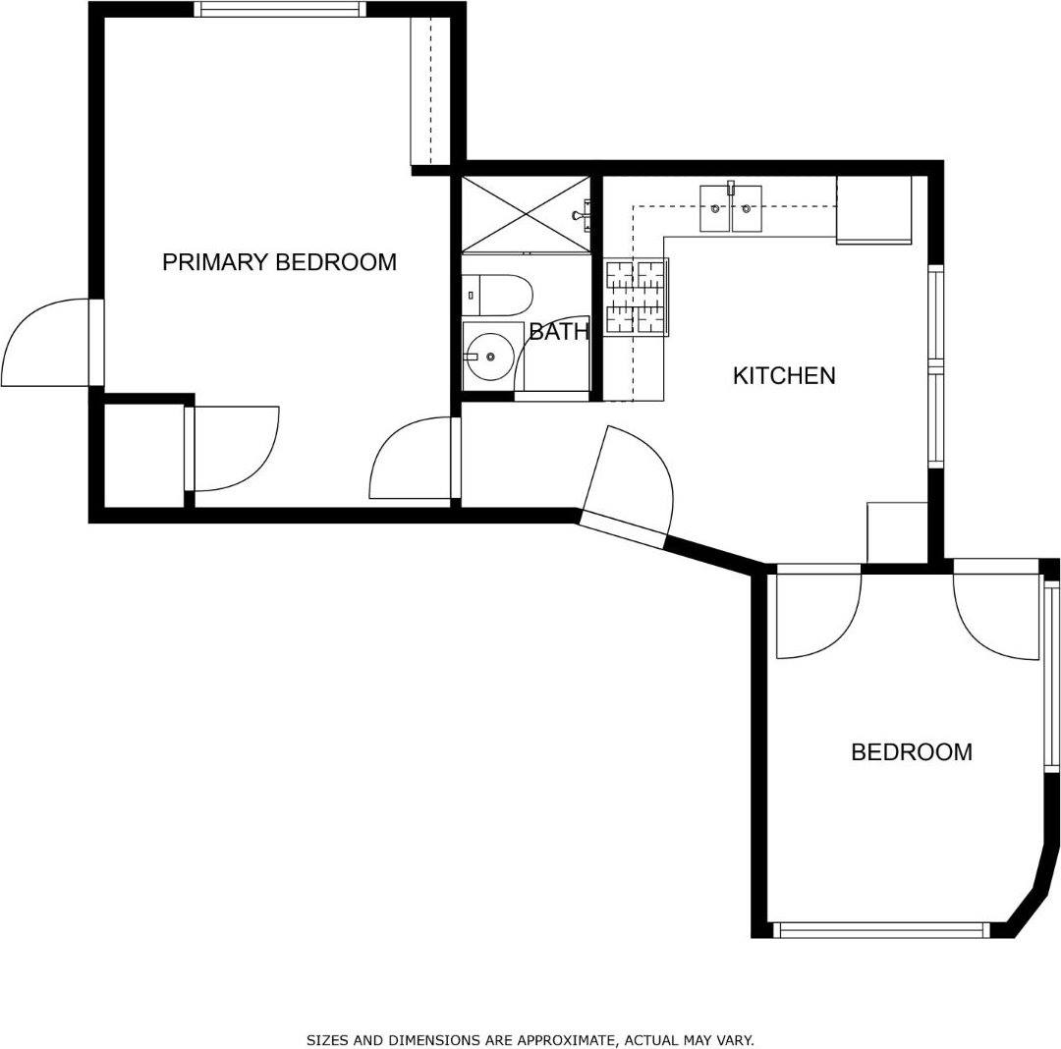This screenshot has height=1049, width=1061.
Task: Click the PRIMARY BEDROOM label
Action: [279, 262]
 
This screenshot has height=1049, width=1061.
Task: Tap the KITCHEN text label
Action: [784, 375]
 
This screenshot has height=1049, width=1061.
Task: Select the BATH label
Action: [558, 332]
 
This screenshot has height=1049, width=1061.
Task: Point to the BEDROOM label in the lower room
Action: [911, 752]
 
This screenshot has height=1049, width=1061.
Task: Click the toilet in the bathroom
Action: [499, 295]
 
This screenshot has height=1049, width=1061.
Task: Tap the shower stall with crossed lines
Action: [526, 213]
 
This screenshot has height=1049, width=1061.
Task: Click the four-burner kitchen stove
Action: [636, 297]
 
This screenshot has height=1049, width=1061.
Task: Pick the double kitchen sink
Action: [730, 208]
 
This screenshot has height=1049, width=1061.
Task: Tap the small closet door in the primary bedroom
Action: [231, 448]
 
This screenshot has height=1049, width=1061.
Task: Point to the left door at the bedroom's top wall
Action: [817, 614]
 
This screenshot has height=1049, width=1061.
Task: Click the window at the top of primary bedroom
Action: [280, 10]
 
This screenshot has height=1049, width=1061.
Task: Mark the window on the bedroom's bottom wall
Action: [881, 929]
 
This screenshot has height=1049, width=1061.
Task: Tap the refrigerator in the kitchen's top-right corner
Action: [873, 209]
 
